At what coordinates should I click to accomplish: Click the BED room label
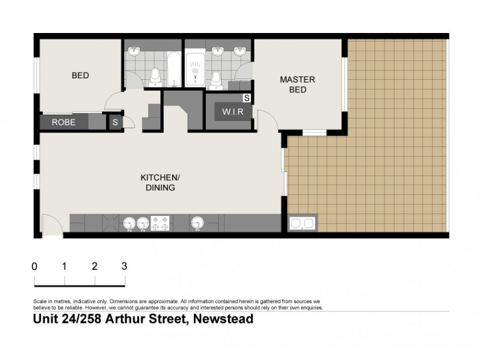click(80, 76)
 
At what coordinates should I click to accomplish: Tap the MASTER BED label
click(298, 85)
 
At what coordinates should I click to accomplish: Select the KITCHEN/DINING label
click(159, 182)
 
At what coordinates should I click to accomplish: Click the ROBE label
click(64, 122)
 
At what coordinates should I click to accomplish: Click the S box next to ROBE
click(115, 122)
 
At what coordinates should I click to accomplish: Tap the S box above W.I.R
click(247, 97)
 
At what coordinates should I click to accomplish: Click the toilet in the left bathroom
click(155, 76)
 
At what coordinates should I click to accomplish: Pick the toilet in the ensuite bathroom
click(217, 77)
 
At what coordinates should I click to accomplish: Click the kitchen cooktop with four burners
click(160, 223)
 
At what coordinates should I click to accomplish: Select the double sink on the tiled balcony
click(302, 224)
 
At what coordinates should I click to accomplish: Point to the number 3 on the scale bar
click(124, 266)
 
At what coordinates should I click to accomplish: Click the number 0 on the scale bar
click(35, 266)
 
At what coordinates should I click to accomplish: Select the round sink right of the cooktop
click(197, 224)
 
